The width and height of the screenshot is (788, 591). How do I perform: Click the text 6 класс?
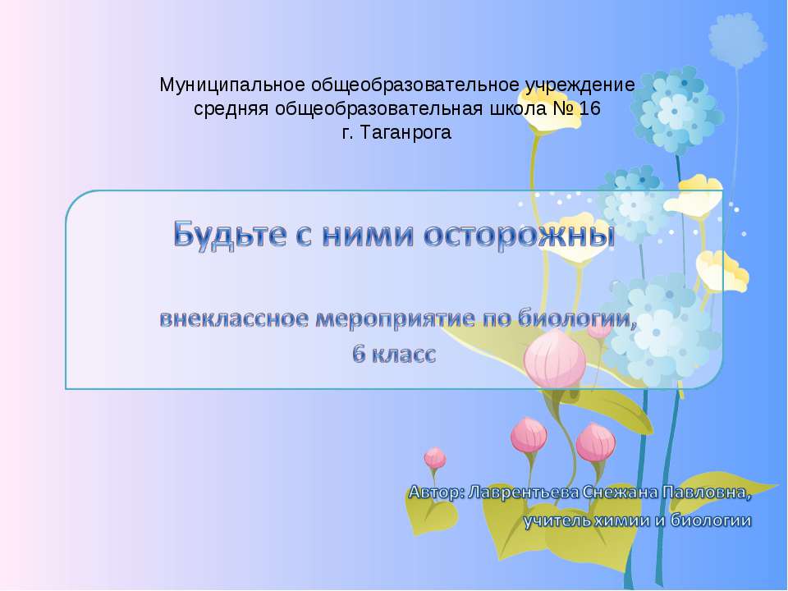pos(394,355)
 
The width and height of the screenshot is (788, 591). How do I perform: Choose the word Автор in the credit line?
pos(435,493)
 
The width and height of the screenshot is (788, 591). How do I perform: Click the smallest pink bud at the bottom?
pos(434,458)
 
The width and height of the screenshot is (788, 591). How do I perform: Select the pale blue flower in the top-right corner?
pos(737,37)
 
